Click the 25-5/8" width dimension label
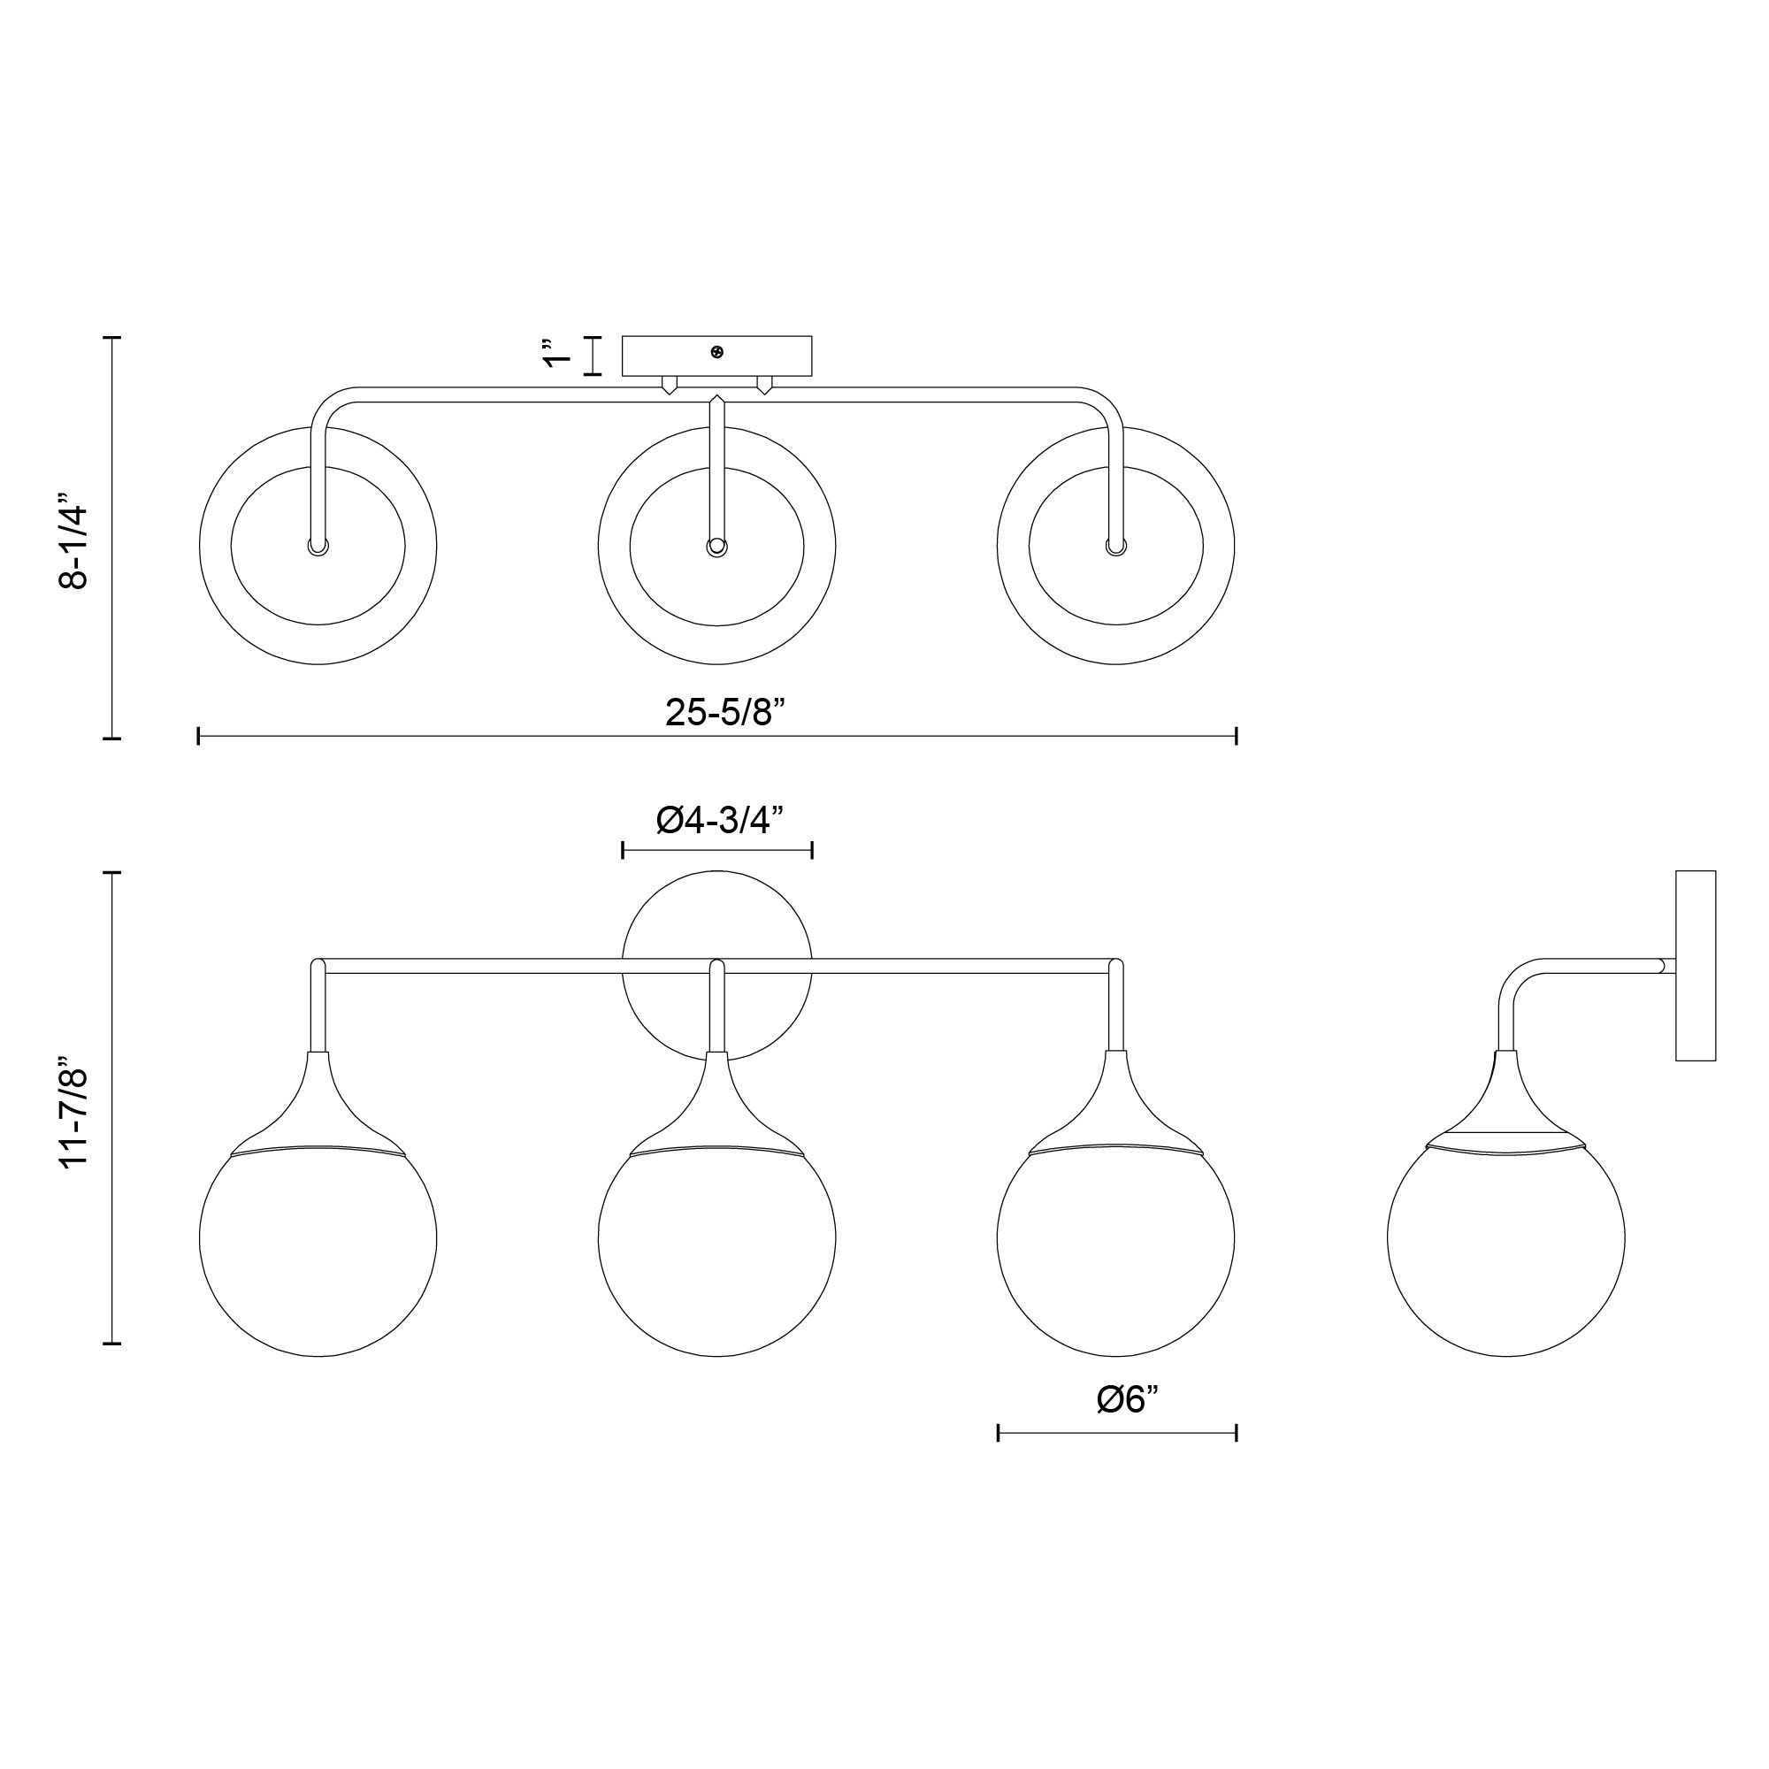tap(726, 711)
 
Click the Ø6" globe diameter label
tap(1127, 1399)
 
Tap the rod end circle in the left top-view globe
tap(318, 547)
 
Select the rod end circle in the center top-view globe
tap(717, 548)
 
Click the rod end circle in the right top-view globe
tap(1115, 547)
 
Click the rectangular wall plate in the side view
tap(1695, 965)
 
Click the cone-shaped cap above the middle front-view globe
tap(717, 1102)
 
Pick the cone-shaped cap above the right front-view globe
tap(1115, 1102)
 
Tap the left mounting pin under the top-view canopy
tap(670, 385)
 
